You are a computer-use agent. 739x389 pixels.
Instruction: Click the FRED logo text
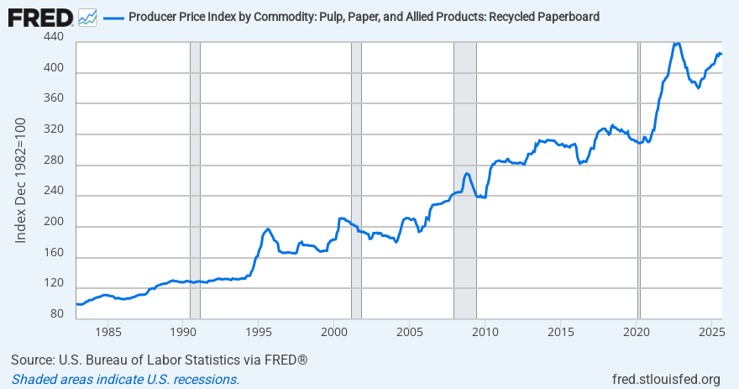coord(40,16)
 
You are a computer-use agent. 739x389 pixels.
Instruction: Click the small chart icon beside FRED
coord(87,17)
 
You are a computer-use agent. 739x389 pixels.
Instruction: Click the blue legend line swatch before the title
coord(113,17)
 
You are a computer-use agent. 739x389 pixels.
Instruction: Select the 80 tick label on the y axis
coord(56,314)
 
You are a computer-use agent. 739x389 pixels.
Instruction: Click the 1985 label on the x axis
coord(106,331)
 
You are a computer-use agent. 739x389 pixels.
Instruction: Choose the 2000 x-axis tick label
coord(333,331)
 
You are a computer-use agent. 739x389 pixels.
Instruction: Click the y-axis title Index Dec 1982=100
coord(22,181)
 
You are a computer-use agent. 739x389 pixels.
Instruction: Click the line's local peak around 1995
coord(267,229)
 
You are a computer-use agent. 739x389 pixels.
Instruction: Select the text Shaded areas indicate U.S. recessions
coord(125,379)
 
